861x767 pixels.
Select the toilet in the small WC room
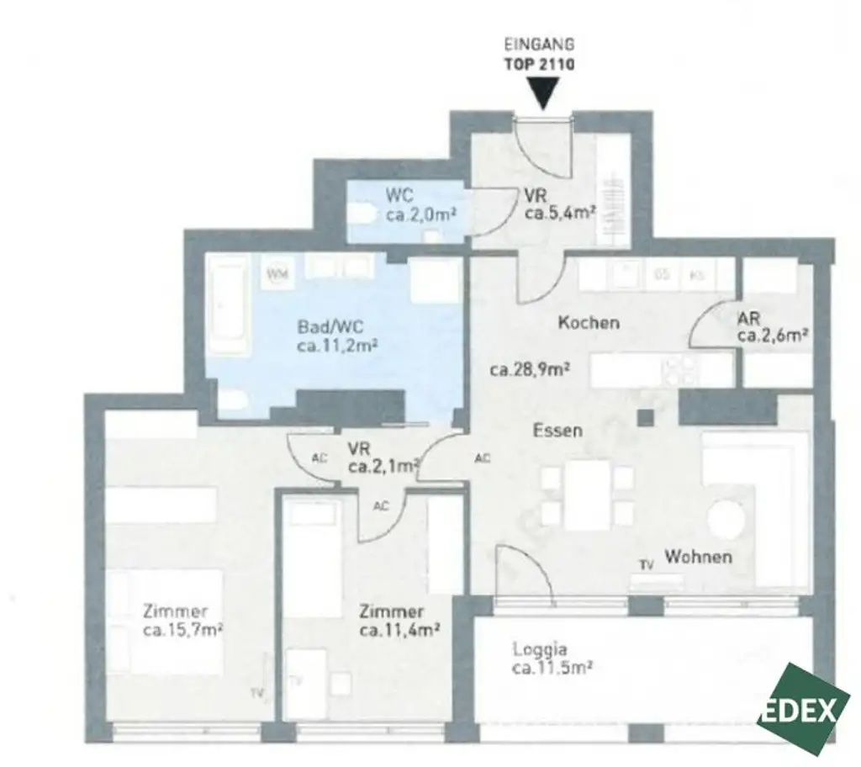[361, 214]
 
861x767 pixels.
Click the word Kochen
[589, 322]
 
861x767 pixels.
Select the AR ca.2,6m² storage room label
[772, 327]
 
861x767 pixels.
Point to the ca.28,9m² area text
[531, 368]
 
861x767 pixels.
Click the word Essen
[557, 430]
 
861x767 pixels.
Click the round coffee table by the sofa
[726, 520]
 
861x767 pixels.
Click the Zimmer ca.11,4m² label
[401, 621]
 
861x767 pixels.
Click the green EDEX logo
[806, 709]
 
